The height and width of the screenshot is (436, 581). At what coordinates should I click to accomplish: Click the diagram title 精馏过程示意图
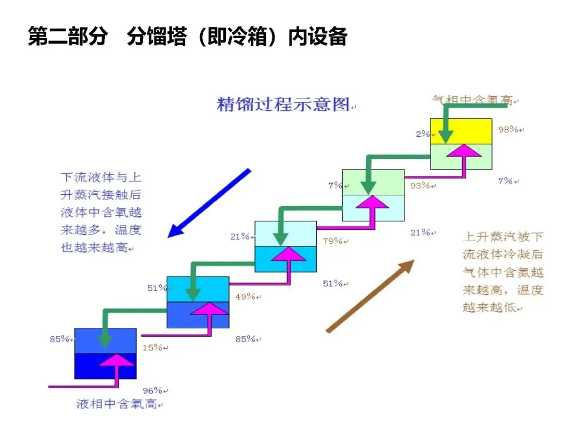pos(283,104)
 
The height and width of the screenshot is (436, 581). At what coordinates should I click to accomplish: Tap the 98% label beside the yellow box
pos(507,129)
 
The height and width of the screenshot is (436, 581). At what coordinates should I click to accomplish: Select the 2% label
pos(422,134)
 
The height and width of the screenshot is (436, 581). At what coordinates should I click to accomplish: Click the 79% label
pos(332,241)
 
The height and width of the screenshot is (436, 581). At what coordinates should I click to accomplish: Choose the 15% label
pos(152,348)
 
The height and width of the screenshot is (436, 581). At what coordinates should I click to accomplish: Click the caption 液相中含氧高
pos(117,404)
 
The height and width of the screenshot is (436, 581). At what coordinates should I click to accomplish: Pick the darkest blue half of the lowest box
pos(89,366)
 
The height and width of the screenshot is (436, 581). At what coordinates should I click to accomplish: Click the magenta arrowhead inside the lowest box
pos(116,360)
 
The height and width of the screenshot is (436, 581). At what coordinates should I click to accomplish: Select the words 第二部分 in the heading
pos(67,37)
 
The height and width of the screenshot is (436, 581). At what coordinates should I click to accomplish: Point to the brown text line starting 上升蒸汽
pos(502,237)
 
